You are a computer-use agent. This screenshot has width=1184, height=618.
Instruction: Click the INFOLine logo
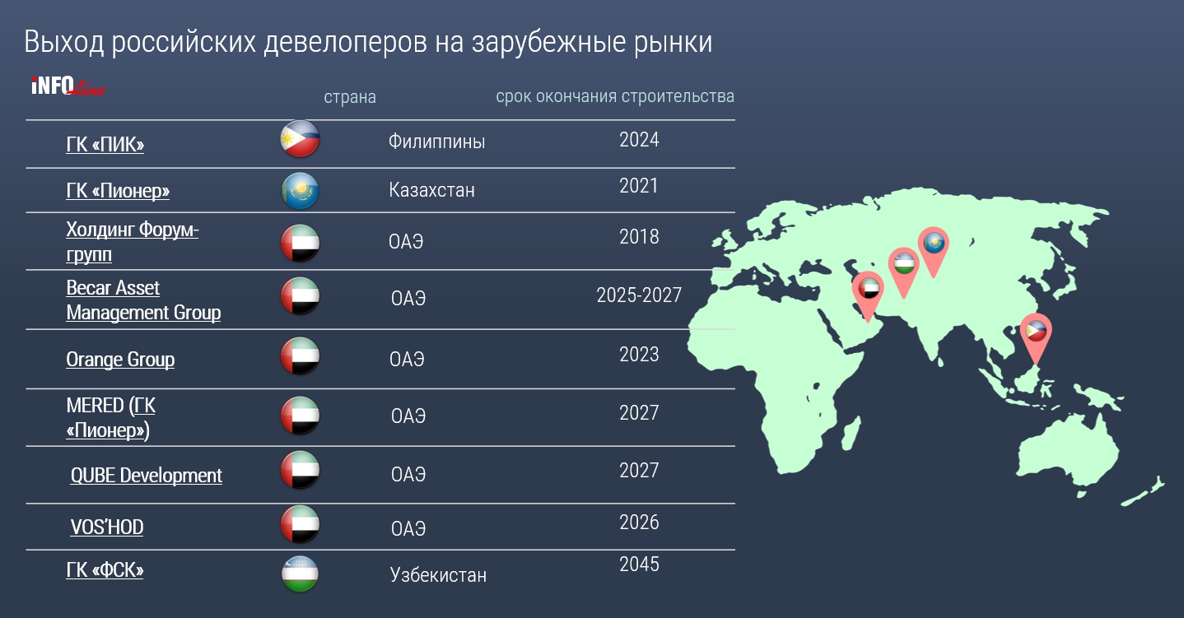tap(68, 86)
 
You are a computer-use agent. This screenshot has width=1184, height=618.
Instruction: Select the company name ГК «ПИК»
tap(105, 144)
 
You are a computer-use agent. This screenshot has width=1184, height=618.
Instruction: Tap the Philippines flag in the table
tap(300, 139)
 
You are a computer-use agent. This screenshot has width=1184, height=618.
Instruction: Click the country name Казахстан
tap(431, 189)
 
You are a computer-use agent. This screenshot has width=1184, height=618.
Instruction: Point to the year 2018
tap(639, 237)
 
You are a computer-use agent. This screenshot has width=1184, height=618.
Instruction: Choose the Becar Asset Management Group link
tap(143, 300)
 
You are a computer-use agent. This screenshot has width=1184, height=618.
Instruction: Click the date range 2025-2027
tap(639, 295)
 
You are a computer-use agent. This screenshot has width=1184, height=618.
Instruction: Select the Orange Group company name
tap(120, 359)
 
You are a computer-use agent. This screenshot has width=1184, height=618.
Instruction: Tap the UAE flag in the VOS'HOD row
tap(300, 524)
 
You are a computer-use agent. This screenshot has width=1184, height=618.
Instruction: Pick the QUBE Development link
tap(146, 476)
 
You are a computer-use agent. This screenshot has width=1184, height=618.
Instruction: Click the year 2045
tap(639, 565)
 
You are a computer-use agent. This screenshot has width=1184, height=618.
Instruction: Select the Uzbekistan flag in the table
tap(300, 574)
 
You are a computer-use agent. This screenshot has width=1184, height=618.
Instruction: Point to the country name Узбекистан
tap(438, 574)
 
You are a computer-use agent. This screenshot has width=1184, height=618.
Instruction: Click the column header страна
tap(350, 96)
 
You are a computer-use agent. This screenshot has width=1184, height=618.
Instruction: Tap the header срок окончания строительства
tap(615, 96)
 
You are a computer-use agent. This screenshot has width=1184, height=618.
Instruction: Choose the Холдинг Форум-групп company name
tap(132, 242)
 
